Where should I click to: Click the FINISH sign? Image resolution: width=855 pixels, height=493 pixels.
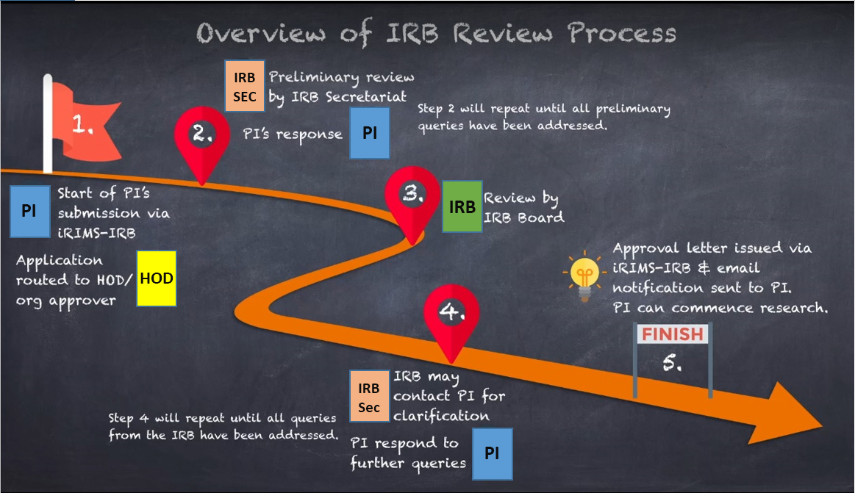click(672, 334)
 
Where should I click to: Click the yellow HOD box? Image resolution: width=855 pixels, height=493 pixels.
click(157, 278)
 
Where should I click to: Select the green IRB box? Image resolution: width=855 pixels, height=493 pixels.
click(462, 207)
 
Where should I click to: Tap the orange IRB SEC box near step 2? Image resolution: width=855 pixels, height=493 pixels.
click(245, 87)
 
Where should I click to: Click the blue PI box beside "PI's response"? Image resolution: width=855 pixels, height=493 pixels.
click(369, 133)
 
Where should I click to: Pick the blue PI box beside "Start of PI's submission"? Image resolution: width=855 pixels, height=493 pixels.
click(29, 211)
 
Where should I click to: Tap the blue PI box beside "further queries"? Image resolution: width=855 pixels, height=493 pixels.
click(492, 453)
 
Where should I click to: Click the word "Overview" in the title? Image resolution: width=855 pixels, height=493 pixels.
click(264, 34)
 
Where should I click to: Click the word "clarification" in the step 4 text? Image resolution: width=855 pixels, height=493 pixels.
click(441, 415)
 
